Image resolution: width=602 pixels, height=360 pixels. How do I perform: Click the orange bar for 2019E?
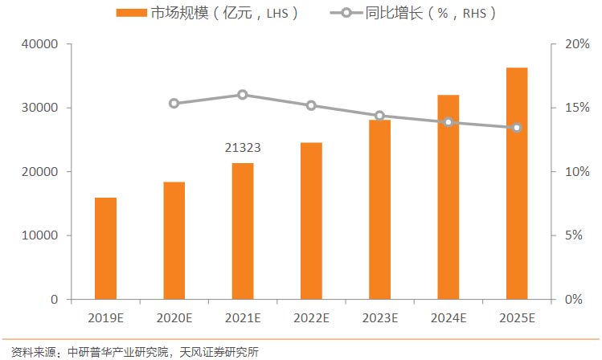pyautogui.click(x=105, y=248)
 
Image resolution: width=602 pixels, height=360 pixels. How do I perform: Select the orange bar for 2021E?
pyautogui.click(x=243, y=231)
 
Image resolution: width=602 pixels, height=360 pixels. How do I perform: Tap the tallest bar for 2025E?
pyautogui.click(x=517, y=183)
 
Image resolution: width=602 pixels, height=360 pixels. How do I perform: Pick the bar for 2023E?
pyautogui.click(x=379, y=210)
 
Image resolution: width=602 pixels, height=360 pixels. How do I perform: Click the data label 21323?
pyautogui.click(x=243, y=149)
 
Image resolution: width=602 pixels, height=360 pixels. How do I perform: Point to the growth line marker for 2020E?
pyautogui.click(x=174, y=103)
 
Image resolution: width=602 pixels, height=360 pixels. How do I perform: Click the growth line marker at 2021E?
pyautogui.click(x=243, y=95)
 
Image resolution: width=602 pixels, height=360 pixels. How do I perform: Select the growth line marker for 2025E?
pyautogui.click(x=517, y=128)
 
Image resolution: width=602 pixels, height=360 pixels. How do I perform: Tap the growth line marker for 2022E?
pyautogui.click(x=311, y=105)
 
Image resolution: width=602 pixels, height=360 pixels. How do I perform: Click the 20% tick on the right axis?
pyautogui.click(x=576, y=44)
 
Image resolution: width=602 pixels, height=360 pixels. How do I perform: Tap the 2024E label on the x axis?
pyautogui.click(x=448, y=317)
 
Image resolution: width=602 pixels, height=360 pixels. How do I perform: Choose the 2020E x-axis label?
pyautogui.click(x=174, y=317)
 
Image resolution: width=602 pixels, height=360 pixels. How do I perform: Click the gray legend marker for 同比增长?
pyautogui.click(x=346, y=13)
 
